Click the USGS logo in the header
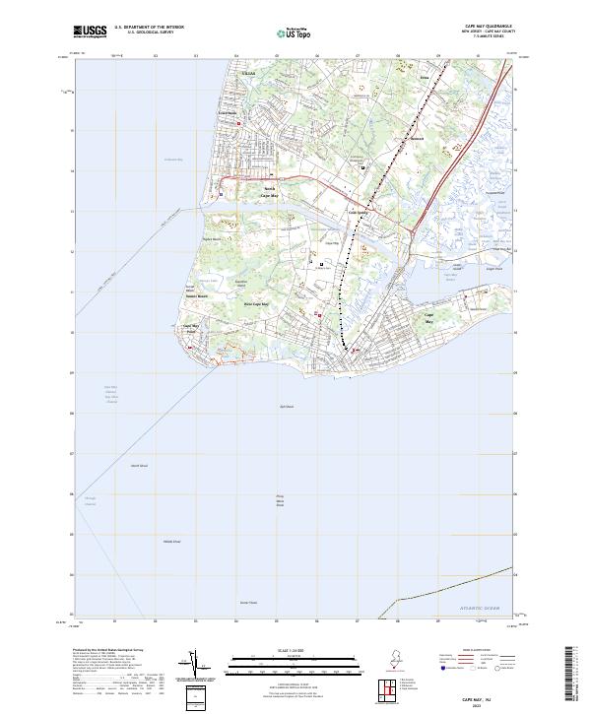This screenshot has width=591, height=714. [x=91, y=32]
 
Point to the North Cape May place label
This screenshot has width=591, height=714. [x=270, y=191]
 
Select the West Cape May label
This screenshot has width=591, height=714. [x=256, y=304]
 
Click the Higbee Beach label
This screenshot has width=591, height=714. [x=209, y=238]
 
